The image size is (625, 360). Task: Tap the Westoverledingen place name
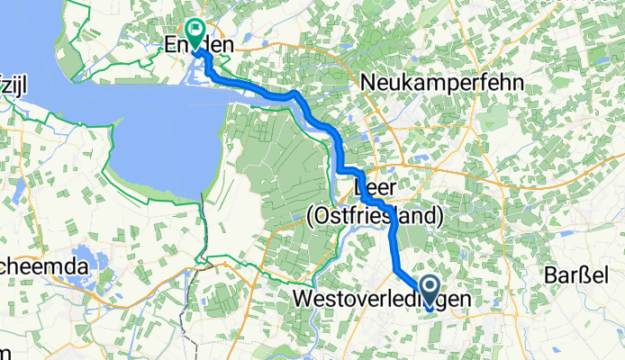[382, 298]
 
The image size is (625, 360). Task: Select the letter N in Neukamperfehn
[368, 83]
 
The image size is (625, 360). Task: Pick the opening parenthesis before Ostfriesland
[311, 216]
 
